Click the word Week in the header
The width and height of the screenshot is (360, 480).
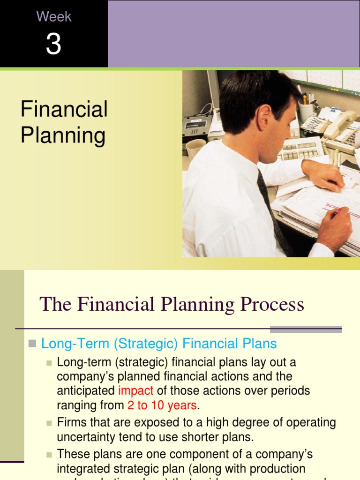(x=54, y=17)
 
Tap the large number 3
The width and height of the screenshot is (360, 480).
(x=53, y=45)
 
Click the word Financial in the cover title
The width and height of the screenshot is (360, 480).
(x=64, y=109)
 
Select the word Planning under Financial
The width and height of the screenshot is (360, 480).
(x=63, y=135)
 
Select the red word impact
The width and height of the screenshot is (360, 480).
(x=136, y=390)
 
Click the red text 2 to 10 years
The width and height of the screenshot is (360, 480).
(x=162, y=405)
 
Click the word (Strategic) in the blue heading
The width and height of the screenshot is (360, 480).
(x=145, y=344)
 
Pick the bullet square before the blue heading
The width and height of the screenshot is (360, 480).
(x=32, y=344)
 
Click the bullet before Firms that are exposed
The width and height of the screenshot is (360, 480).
(x=49, y=423)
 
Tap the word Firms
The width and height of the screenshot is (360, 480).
(x=71, y=422)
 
